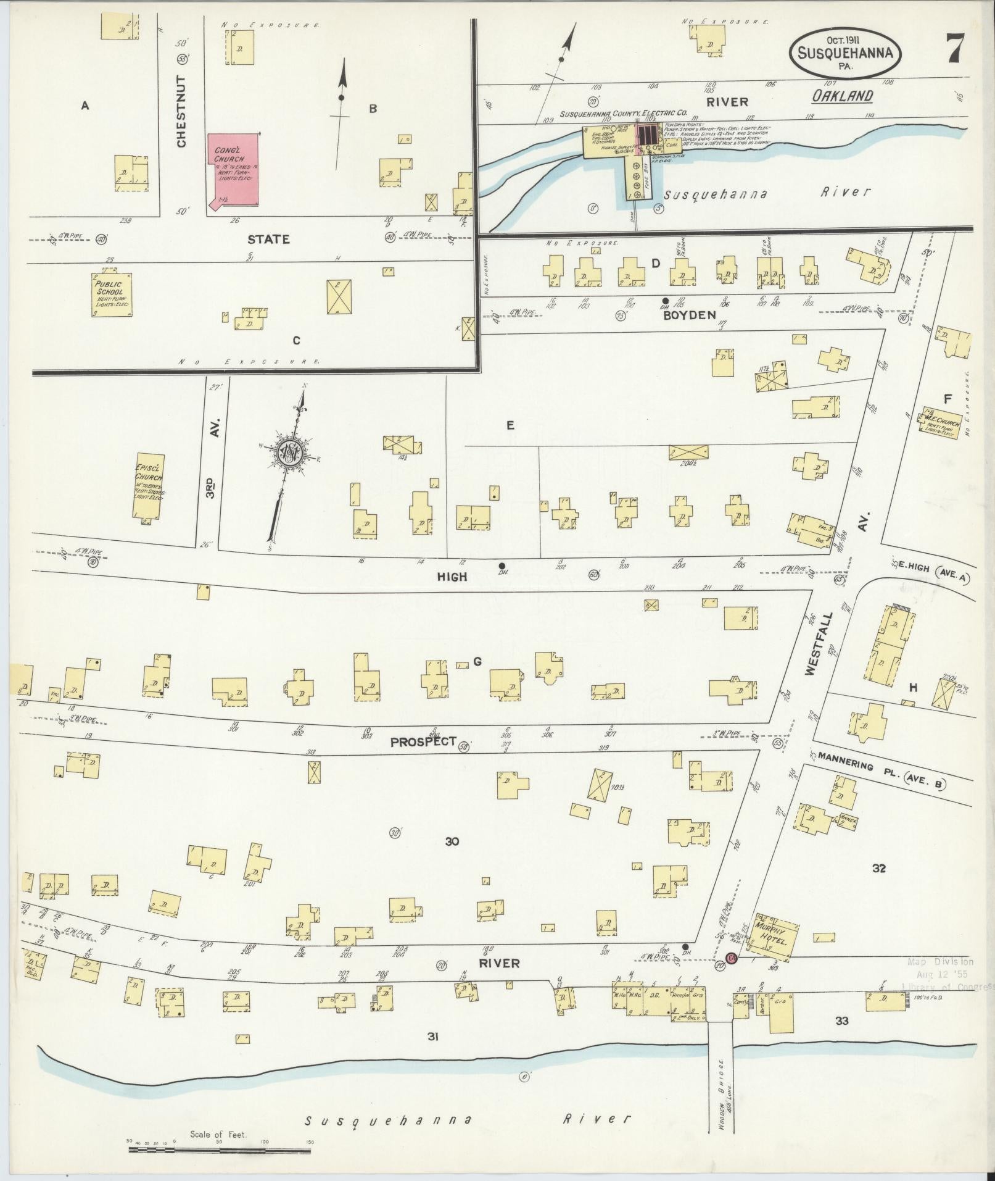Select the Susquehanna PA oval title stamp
coord(845,53)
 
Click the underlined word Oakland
coord(842,96)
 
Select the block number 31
coord(433,1037)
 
